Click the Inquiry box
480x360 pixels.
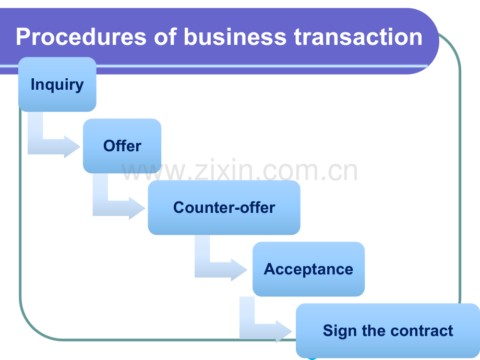point(57,84)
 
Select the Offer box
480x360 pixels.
point(122,146)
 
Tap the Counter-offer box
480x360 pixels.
point(224,208)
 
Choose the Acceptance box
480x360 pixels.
point(308,269)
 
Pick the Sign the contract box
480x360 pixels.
point(388,331)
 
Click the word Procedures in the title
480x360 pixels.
point(81,37)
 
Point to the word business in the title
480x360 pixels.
point(235,37)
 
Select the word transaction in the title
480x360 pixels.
point(358,37)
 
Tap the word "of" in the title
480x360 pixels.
point(165,37)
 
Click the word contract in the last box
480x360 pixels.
point(422,331)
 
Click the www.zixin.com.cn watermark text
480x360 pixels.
point(239,170)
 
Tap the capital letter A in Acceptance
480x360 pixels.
point(270,269)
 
